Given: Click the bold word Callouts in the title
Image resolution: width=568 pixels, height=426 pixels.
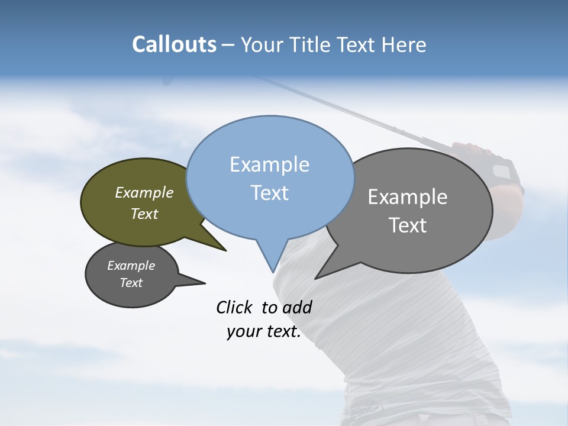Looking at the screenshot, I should pyautogui.click(x=174, y=44).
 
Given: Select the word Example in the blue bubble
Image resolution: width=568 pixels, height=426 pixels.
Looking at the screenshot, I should pyautogui.click(x=269, y=164).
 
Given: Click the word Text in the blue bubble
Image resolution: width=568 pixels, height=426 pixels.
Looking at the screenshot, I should pyautogui.click(x=269, y=192).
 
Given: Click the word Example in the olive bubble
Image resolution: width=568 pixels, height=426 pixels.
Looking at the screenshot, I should pyautogui.click(x=144, y=192).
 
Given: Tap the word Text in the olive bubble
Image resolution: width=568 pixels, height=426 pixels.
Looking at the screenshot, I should pyautogui.click(x=144, y=214).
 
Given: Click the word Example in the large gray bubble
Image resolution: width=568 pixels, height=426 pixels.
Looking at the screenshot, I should pyautogui.click(x=408, y=197).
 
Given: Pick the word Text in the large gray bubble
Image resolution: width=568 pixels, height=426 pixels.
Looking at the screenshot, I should pyautogui.click(x=408, y=225).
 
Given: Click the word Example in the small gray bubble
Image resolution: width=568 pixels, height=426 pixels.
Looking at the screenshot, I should pyautogui.click(x=131, y=266).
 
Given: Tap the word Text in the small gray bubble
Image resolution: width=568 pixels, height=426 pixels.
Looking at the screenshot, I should pyautogui.click(x=131, y=283).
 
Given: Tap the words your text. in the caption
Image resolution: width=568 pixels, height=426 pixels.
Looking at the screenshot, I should pyautogui.click(x=263, y=332).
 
